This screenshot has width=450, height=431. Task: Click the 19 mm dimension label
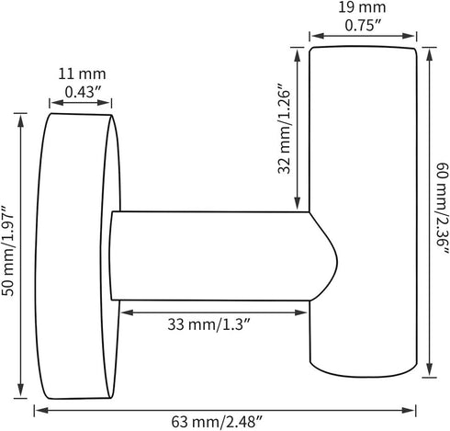click(362, 8)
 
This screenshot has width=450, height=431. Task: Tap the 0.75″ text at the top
click(363, 25)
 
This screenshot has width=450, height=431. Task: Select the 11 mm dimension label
click(82, 74)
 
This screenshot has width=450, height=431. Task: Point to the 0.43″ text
click(83, 91)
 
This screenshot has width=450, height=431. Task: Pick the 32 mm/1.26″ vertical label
click(284, 129)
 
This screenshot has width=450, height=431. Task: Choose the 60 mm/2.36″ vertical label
click(442, 209)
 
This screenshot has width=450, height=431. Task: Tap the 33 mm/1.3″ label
click(209, 324)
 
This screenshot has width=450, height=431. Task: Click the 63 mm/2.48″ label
click(217, 422)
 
